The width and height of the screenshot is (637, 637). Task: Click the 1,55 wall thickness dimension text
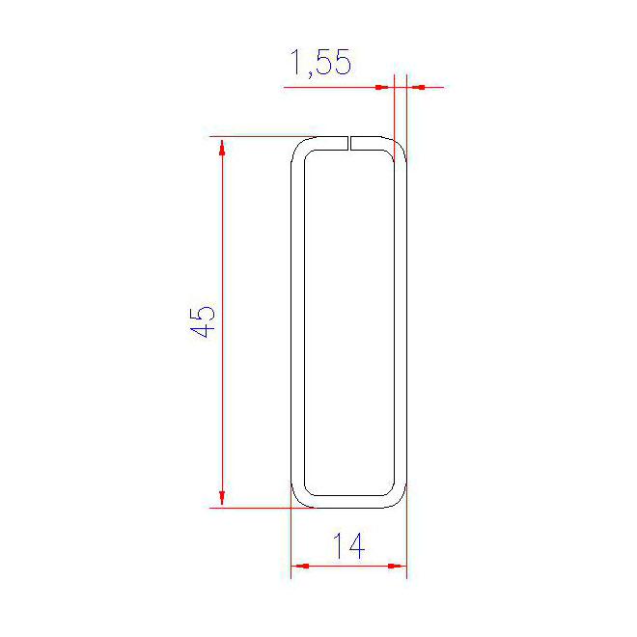320,62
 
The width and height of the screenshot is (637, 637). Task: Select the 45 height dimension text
203,322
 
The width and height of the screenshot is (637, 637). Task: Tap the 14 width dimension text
349,545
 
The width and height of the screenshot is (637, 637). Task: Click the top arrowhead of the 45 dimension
222,148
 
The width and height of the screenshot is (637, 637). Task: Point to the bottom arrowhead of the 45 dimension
222,497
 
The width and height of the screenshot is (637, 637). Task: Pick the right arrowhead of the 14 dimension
397,566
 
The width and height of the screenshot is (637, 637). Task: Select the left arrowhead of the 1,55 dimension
384,87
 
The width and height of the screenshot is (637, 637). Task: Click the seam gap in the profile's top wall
349,143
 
